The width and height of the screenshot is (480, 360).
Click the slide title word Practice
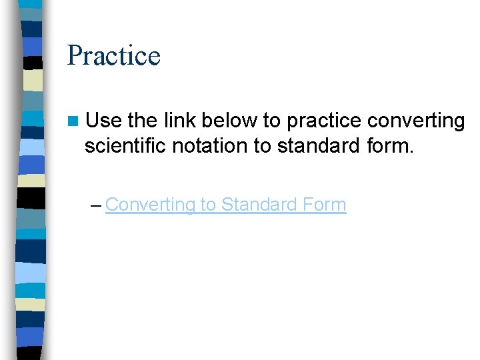click(114, 55)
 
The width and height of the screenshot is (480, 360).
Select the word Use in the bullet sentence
click(103, 121)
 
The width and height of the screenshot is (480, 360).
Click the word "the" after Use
click(142, 121)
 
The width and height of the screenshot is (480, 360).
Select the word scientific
click(125, 145)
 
